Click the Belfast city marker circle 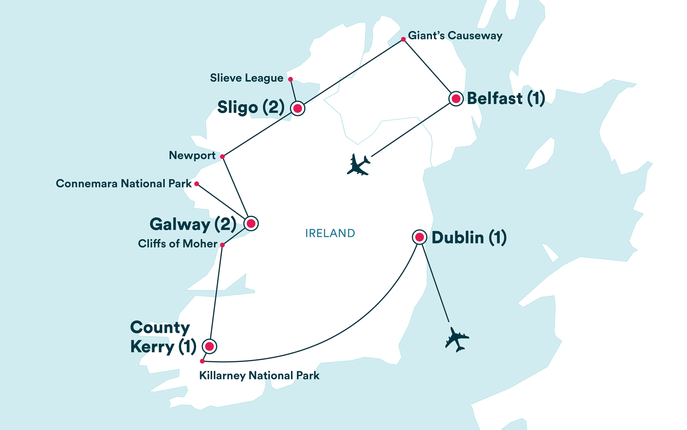[456, 99]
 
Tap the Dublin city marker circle [419, 237]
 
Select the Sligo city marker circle [297, 109]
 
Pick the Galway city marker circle [251, 223]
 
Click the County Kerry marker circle [209, 346]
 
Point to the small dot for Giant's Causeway [403, 40]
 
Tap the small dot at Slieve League [290, 79]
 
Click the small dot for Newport [223, 157]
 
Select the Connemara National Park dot [197, 184]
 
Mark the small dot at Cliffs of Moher [223, 245]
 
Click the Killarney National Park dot [202, 361]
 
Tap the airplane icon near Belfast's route [358, 165]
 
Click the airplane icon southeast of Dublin [457, 339]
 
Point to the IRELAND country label [330, 233]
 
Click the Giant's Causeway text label [455, 36]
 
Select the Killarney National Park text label [259, 376]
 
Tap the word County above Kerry [160, 328]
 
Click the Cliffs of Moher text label [177, 244]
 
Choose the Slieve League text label [246, 78]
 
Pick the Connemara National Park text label [124, 184]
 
